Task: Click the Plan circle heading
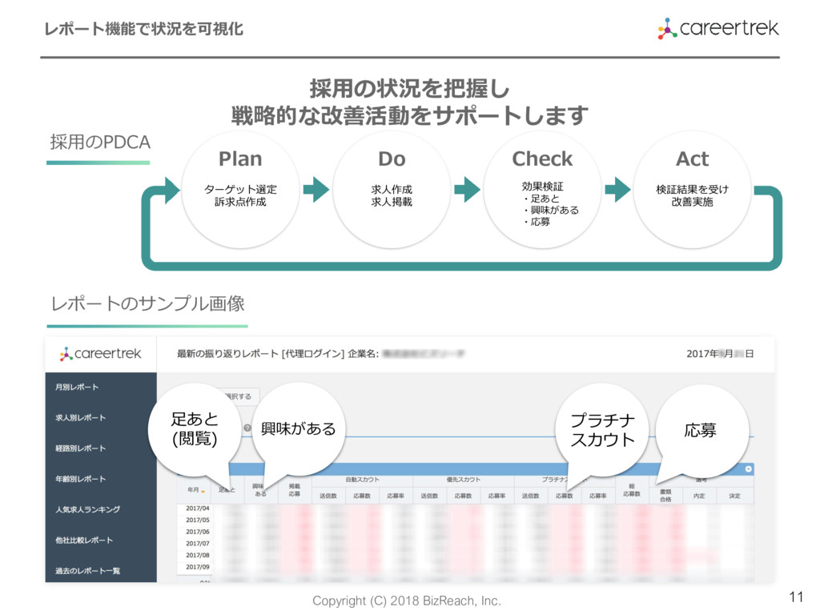tap(240, 159)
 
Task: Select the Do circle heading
tap(392, 159)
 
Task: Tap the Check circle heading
tap(542, 159)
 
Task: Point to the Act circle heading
tap(692, 159)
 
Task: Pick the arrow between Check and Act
tap(617, 190)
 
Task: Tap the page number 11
tap(796, 597)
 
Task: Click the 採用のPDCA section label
tap(100, 142)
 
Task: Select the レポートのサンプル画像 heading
tap(147, 304)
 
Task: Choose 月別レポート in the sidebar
tap(77, 387)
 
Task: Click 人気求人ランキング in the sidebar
tap(87, 509)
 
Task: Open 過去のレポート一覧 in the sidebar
tap(87, 570)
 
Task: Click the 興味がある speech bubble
tap(299, 429)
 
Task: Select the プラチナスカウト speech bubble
tap(602, 430)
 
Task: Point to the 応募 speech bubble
tap(701, 430)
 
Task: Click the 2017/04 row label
tap(197, 508)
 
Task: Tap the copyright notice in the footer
tap(406, 601)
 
